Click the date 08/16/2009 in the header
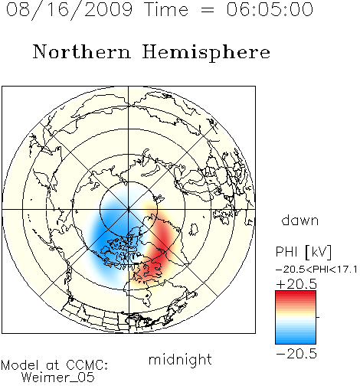(70, 10)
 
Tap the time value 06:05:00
(270, 9)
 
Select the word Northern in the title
(82, 51)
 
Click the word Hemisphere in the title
(206, 53)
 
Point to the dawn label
(300, 220)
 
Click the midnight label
(180, 360)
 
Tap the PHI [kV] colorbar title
(303, 252)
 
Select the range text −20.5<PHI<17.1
(316, 270)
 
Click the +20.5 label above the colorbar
(296, 284)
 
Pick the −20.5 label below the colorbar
(296, 354)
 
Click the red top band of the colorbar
(296, 293)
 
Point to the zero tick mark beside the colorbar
(318, 317)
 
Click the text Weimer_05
(58, 377)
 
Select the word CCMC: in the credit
(87, 365)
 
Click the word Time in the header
(166, 10)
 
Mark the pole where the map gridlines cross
(129, 210)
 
